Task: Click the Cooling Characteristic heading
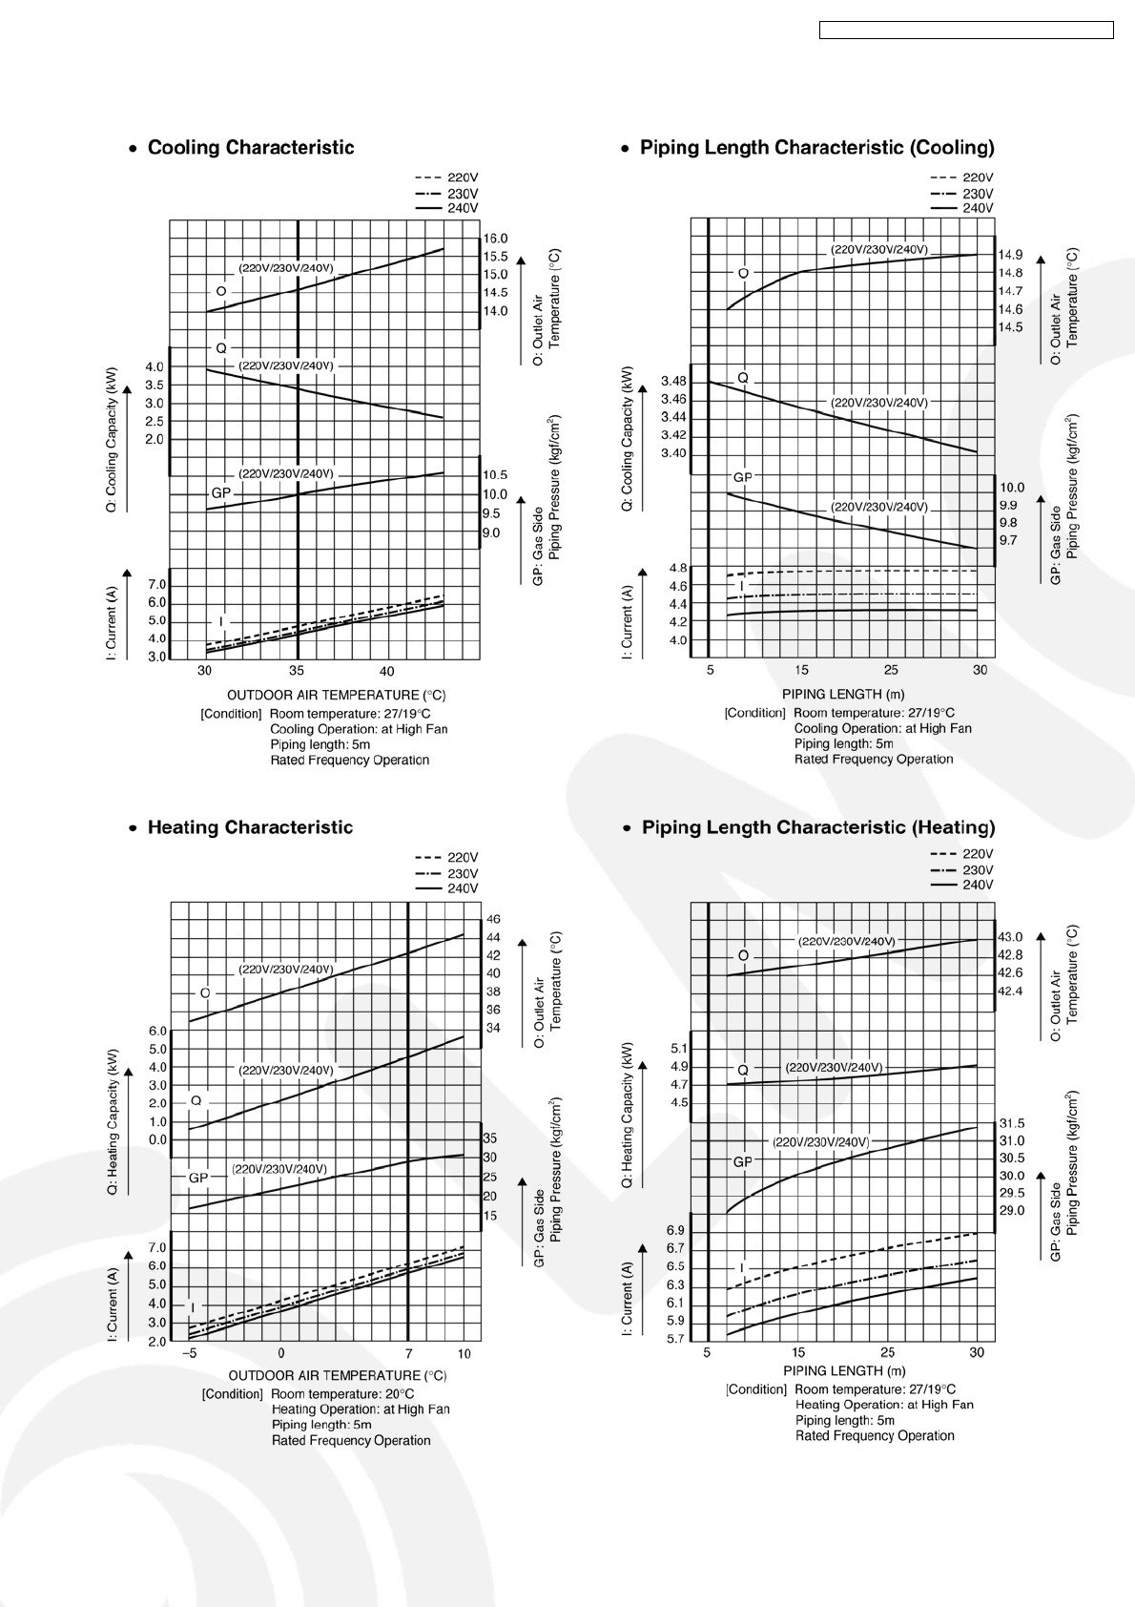click(x=250, y=148)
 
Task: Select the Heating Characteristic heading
click(x=250, y=827)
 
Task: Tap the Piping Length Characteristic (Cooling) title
click(x=816, y=148)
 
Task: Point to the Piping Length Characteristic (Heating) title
click(x=817, y=827)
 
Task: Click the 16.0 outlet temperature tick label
click(x=495, y=239)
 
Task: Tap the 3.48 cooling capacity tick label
click(x=673, y=382)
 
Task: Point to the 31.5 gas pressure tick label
click(x=1011, y=1123)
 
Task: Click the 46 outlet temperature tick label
click(x=493, y=919)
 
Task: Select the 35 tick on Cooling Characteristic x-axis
click(x=298, y=671)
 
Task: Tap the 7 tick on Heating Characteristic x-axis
click(x=408, y=1353)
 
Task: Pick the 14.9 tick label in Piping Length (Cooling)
click(x=1010, y=255)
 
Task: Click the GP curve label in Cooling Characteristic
click(x=220, y=493)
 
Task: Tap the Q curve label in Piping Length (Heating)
click(x=743, y=1071)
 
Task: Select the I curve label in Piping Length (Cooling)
click(x=741, y=585)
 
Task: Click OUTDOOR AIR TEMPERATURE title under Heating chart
click(x=337, y=1375)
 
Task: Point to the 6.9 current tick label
click(x=675, y=1230)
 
